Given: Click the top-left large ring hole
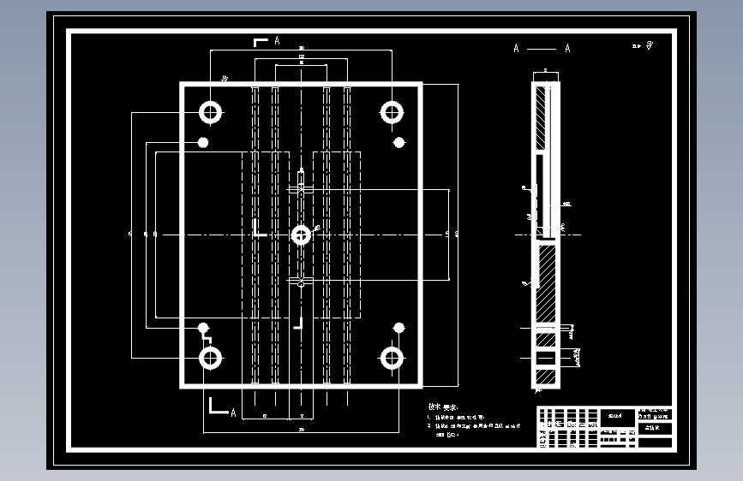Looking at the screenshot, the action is pyautogui.click(x=210, y=111).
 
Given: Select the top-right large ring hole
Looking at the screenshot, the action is pyautogui.click(x=392, y=111).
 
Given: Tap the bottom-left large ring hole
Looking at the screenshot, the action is pyautogui.click(x=210, y=358).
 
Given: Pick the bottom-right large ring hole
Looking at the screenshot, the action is pyautogui.click(x=392, y=358).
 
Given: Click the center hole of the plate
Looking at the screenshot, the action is pyautogui.click(x=301, y=234).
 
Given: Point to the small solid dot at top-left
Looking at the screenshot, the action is pyautogui.click(x=203, y=142).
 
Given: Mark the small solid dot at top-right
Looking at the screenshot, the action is pyautogui.click(x=398, y=142).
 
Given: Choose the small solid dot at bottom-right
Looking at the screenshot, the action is pyautogui.click(x=398, y=327).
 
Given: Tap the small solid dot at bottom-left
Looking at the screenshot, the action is pyautogui.click(x=203, y=327).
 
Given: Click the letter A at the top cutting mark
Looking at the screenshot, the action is pyautogui.click(x=277, y=40).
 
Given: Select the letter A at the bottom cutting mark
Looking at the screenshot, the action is pyautogui.click(x=232, y=413).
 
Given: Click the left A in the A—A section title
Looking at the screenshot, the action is pyautogui.click(x=516, y=49).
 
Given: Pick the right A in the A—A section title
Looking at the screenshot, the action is pyautogui.click(x=567, y=49).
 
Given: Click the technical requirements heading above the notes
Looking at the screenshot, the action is pyautogui.click(x=442, y=407).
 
